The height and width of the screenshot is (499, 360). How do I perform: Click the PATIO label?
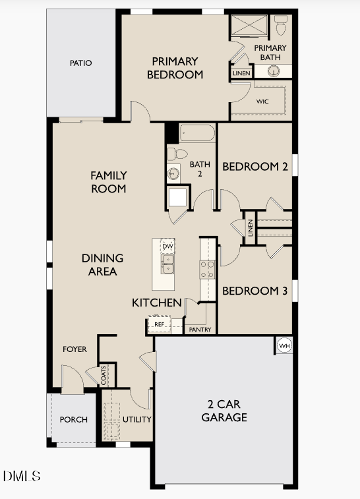81,63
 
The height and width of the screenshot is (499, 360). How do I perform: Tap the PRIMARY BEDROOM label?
175,68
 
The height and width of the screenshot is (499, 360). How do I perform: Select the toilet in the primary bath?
282,25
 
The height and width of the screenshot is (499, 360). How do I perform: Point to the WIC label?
262,101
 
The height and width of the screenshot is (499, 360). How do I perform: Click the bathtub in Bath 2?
197,134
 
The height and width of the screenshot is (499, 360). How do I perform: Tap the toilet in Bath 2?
177,154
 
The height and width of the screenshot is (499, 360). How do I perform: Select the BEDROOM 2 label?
255,167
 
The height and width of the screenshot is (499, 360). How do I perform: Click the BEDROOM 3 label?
255,291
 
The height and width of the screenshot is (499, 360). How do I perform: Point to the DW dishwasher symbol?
167,247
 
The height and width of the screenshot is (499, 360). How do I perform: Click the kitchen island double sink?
167,265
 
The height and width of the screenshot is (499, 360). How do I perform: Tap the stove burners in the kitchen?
207,268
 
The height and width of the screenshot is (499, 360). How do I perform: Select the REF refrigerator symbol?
159,324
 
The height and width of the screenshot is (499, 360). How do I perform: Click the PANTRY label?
200,330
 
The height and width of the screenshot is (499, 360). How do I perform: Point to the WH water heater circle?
284,345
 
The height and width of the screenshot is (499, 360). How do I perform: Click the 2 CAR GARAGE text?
224,411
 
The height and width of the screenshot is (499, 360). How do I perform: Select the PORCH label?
73,420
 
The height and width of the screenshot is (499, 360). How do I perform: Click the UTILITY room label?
137,419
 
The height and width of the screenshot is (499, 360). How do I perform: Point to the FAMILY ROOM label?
109,182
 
